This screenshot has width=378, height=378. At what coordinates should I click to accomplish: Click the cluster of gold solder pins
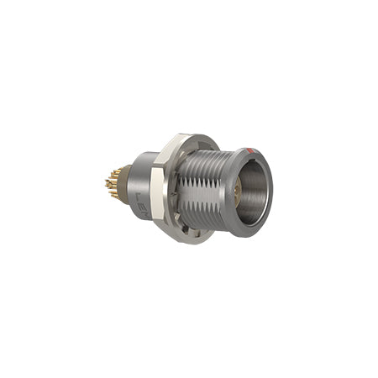point(113,184)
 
